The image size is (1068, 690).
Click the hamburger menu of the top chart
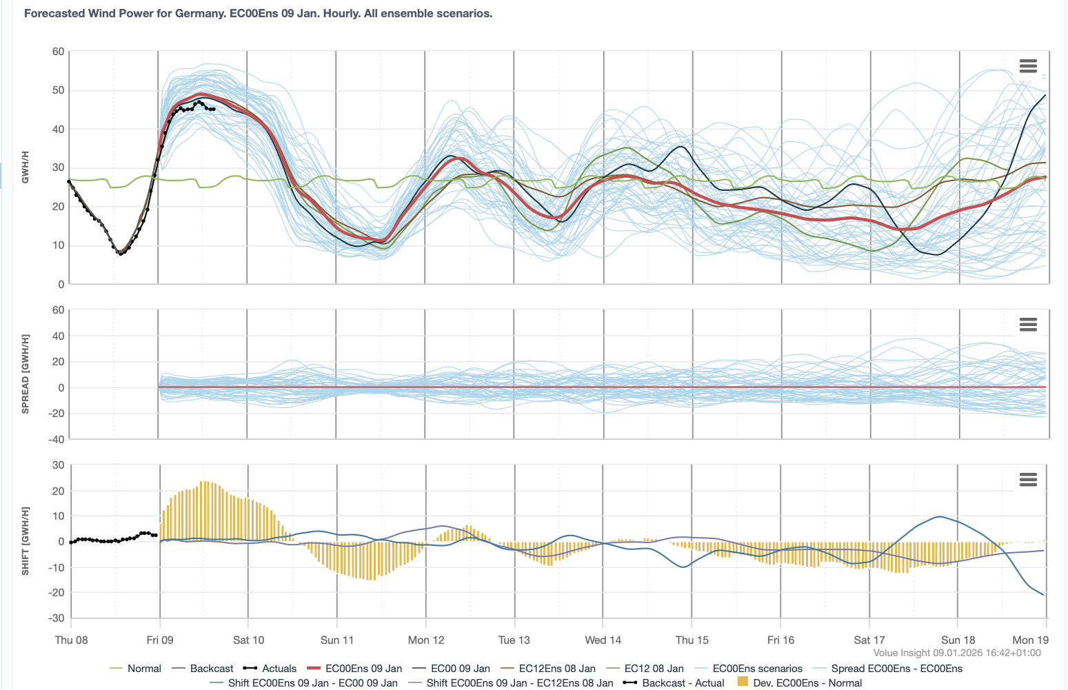[1027, 66]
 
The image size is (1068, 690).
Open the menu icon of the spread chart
[1027, 325]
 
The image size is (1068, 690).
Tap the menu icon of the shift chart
[1027, 480]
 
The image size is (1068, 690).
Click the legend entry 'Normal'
[144, 669]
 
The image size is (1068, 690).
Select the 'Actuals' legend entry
[279, 669]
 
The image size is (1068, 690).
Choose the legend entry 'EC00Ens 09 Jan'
[363, 669]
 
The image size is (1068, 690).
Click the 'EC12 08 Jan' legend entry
[654, 669]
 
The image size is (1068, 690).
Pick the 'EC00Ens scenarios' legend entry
[757, 669]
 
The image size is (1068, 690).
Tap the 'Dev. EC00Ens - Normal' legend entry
[807, 683]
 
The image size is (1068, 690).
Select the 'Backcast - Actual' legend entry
[683, 683]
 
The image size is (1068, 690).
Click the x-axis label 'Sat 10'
[248, 640]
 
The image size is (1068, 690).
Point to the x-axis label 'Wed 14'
[603, 640]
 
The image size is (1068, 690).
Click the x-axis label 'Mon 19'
[1030, 640]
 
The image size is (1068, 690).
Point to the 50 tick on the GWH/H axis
[58, 90]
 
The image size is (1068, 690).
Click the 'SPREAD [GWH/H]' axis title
[26, 374]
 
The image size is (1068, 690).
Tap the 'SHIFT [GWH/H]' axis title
[26, 541]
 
